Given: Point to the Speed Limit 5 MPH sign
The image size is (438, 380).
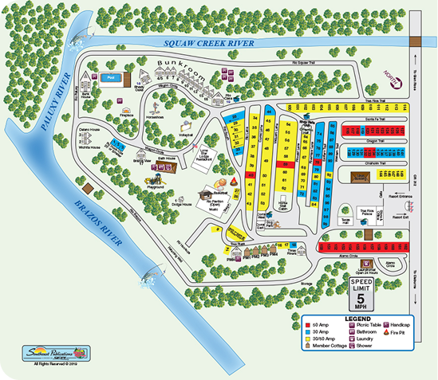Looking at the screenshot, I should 361,294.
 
